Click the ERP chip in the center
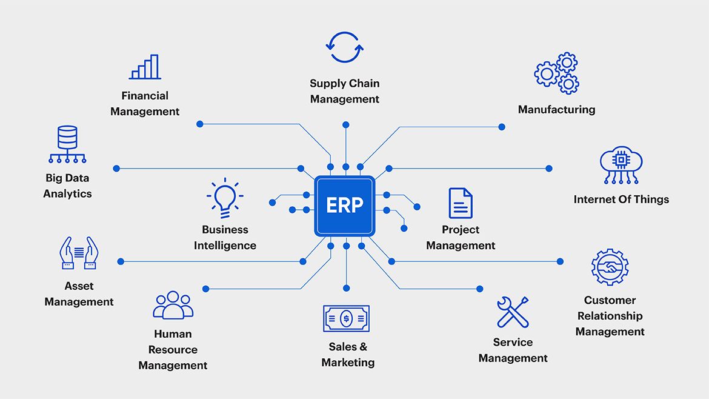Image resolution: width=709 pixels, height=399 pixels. tap(344, 206)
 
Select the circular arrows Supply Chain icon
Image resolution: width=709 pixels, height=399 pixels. tap(345, 47)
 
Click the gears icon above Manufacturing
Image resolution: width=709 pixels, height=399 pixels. tap(557, 73)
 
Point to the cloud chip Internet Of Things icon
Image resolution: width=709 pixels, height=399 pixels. tap(621, 164)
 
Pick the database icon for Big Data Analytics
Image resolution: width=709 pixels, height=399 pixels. tap(67, 144)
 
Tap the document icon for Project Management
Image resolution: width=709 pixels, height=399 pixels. tap(461, 203)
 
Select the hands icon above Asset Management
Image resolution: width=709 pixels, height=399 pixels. tap(79, 253)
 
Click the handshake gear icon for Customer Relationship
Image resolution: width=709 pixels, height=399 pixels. tap(610, 267)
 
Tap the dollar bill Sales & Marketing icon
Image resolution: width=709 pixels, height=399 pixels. tap(346, 318)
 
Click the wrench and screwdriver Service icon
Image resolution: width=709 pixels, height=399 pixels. tap(513, 312)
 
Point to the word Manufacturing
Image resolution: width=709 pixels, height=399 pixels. tap(556, 110)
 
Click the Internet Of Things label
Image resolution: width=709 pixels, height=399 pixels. tap(621, 199)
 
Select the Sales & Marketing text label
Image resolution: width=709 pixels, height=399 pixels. tap(348, 355)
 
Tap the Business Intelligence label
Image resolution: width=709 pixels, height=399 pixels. tap(225, 238)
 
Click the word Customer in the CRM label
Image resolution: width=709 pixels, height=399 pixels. tap(610, 300)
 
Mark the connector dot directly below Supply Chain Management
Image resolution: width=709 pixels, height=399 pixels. tap(346, 124)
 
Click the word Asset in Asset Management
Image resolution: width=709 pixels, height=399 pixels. tap(79, 286)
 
